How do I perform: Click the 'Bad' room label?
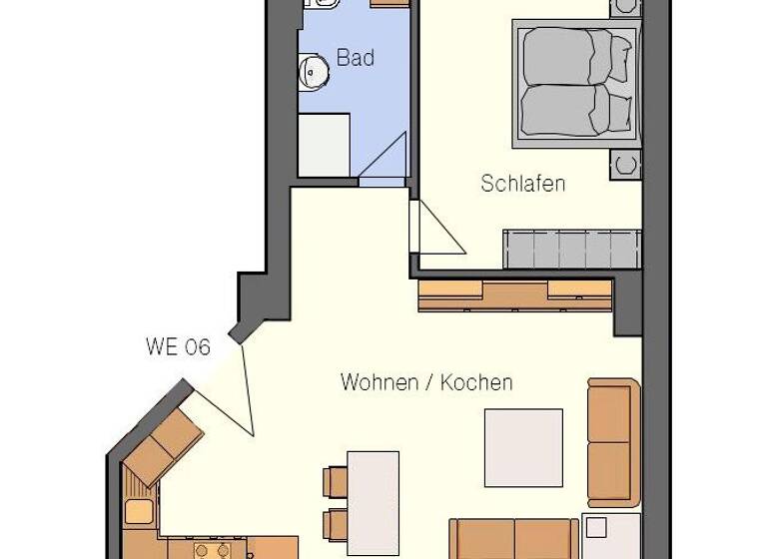tap(355, 58)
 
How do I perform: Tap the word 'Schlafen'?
tap(522, 184)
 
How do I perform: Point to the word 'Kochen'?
tap(476, 382)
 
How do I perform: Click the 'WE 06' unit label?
tap(178, 347)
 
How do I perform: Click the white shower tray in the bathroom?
tap(325, 145)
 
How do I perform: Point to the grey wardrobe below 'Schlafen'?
tap(571, 248)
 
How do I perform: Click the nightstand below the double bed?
tap(626, 163)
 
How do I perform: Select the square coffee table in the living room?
tap(523, 447)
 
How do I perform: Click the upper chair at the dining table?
tap(334, 482)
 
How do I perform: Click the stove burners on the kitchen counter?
tap(212, 550)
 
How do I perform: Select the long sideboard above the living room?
tap(514, 294)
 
